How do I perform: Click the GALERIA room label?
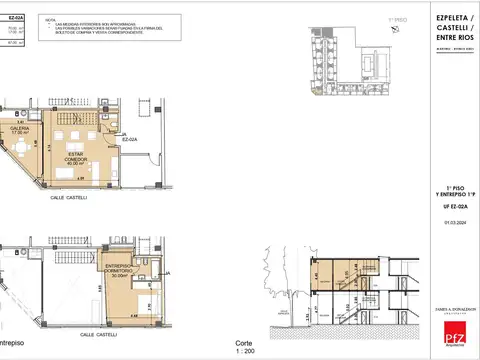pyautogui.click(x=19, y=128)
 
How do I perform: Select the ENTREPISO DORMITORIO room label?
pyautogui.click(x=123, y=271)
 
